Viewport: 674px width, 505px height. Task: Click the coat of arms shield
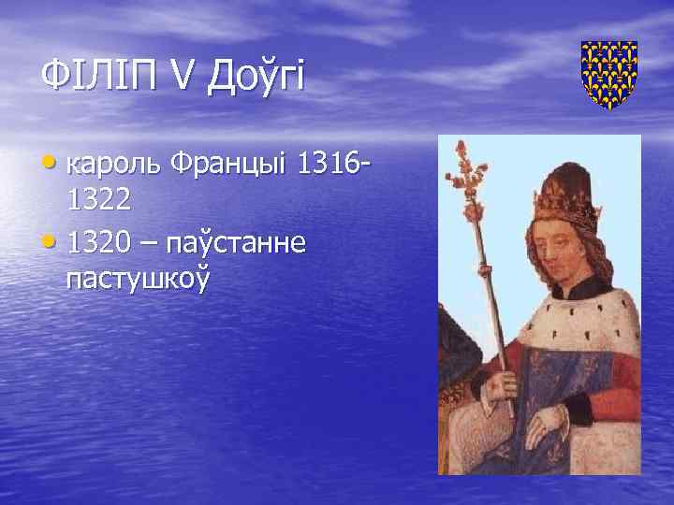[x=608, y=75]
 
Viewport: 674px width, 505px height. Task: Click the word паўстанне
[x=244, y=242]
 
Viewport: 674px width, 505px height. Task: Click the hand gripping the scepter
[x=500, y=384]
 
